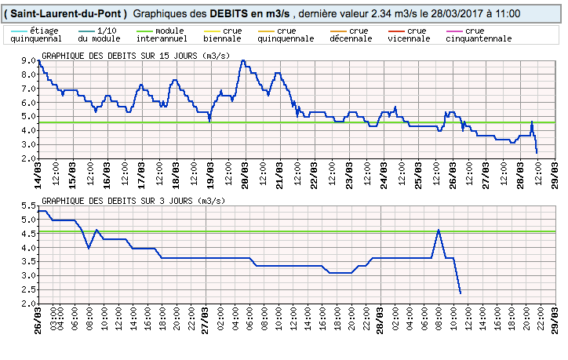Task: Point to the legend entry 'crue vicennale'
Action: click(x=408, y=35)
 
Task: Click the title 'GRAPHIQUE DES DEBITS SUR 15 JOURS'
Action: click(x=126, y=56)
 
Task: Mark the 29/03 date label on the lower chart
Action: click(x=553, y=322)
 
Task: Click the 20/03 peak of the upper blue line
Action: click(x=243, y=60)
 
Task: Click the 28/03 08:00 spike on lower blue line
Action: click(x=438, y=230)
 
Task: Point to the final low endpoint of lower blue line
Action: click(x=460, y=293)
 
